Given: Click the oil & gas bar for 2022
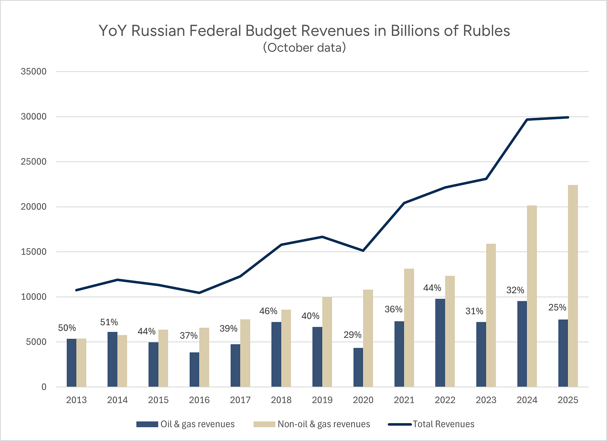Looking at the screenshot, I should coord(440,343).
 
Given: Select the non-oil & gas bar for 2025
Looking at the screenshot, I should coord(573,286).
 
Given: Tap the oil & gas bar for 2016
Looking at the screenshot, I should coord(194,369).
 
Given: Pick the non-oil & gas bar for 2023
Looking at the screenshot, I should coord(491,315).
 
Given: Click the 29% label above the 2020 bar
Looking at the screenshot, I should coord(352,335).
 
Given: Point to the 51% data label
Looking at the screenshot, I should coord(109,322).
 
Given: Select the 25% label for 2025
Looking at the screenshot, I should coord(557,307).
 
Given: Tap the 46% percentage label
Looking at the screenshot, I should coord(268,311).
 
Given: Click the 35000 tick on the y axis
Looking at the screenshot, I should coord(34,72).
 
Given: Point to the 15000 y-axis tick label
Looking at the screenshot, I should coord(34,252).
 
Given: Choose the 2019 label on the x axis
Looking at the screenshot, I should coord(322,400).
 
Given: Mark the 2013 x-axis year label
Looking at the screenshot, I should coord(76,400).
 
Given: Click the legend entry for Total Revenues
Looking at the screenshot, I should coord(443,424).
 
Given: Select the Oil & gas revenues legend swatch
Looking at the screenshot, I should coord(147,424).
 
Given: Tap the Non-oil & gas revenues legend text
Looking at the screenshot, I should coord(324,424).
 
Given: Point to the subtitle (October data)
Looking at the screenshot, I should coord(304,47).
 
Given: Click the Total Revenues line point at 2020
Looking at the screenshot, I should coord(363,251).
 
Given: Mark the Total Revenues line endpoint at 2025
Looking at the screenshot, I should coord(568,117).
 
